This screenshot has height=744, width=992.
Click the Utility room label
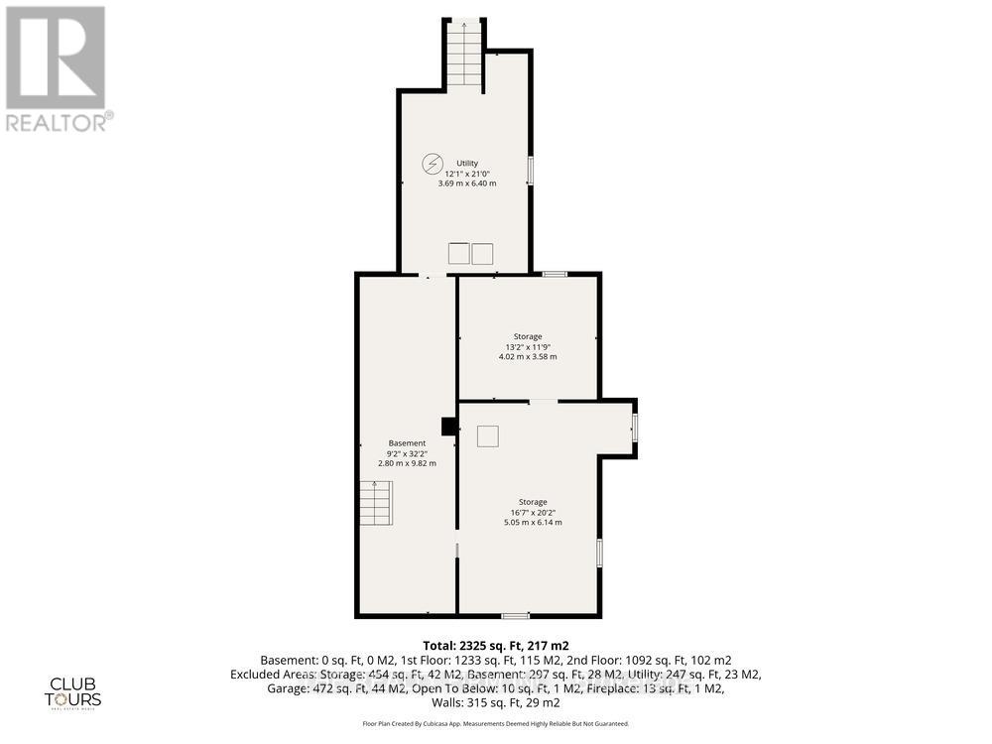467,163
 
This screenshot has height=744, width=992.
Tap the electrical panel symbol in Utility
433,164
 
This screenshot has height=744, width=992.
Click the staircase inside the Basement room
376,503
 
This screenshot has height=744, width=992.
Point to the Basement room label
407,443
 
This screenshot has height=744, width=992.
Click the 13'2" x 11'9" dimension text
527,346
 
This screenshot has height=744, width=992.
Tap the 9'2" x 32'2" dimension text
407,453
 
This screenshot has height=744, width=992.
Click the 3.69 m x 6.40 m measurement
467,184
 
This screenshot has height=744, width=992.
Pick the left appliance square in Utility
458,253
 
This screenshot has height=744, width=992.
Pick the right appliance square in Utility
482,253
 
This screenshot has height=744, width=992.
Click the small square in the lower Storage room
487,435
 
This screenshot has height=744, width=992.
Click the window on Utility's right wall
531,170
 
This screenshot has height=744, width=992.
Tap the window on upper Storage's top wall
555,274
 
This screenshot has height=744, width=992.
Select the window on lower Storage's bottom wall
515,615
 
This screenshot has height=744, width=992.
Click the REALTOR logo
57,69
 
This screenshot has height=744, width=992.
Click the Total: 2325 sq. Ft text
495,644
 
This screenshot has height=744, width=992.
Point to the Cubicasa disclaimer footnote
495,725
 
